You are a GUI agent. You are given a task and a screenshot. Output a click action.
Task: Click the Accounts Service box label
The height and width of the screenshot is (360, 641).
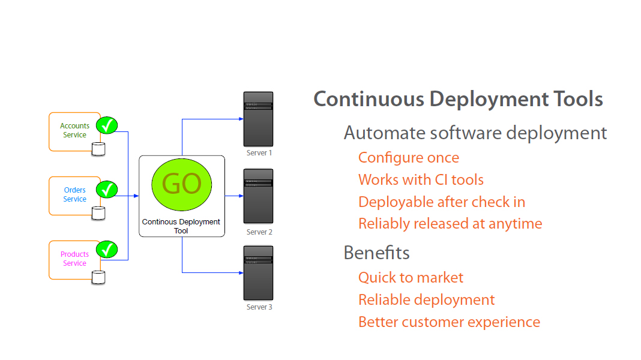pyautogui.click(x=74, y=130)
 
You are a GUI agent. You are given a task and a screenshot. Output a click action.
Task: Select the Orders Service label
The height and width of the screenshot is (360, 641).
pyautogui.click(x=74, y=194)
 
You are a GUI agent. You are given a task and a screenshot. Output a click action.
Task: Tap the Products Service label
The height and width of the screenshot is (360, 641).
pyautogui.click(x=74, y=259)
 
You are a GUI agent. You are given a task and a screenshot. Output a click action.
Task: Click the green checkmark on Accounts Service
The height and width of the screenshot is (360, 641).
pyautogui.click(x=107, y=125)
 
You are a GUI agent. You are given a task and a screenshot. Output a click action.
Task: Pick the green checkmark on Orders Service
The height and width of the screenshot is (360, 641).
pyautogui.click(x=107, y=190)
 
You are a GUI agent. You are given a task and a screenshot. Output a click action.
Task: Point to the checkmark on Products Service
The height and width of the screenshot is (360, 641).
pyautogui.click(x=107, y=249)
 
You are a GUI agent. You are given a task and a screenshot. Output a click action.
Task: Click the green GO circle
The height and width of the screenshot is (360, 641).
pyautogui.click(x=181, y=184)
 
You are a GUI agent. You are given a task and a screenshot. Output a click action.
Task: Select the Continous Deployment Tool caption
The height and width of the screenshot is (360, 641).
pyautogui.click(x=181, y=226)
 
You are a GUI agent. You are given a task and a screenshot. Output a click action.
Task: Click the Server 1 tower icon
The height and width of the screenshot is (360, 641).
pyautogui.click(x=258, y=119)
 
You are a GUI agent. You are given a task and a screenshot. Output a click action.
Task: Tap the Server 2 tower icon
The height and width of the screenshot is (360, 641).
pyautogui.click(x=258, y=196)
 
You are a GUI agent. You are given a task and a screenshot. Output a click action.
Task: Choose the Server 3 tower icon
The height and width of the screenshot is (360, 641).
pyautogui.click(x=258, y=273)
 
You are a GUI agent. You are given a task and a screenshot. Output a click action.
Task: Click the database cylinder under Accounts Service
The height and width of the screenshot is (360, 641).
pyautogui.click(x=98, y=149)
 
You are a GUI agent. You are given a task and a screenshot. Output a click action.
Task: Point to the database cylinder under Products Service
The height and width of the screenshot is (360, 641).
pyautogui.click(x=98, y=277)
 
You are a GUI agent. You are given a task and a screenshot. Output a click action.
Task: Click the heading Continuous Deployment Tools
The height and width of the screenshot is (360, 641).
pyautogui.click(x=458, y=99)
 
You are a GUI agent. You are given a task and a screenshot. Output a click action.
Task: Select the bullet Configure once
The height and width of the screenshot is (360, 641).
pyautogui.click(x=409, y=158)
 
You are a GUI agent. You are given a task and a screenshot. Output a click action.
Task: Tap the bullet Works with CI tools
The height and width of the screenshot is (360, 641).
pyautogui.click(x=421, y=180)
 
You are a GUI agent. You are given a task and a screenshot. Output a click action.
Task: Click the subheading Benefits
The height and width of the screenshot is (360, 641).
pyautogui.click(x=376, y=253)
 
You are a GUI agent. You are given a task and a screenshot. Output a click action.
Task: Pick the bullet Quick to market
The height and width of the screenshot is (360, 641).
pyautogui.click(x=411, y=278)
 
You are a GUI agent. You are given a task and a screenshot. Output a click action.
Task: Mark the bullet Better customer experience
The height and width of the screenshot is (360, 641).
pyautogui.click(x=449, y=322)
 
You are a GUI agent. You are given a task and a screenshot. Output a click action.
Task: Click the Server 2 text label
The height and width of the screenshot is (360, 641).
pyautogui.click(x=259, y=232)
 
